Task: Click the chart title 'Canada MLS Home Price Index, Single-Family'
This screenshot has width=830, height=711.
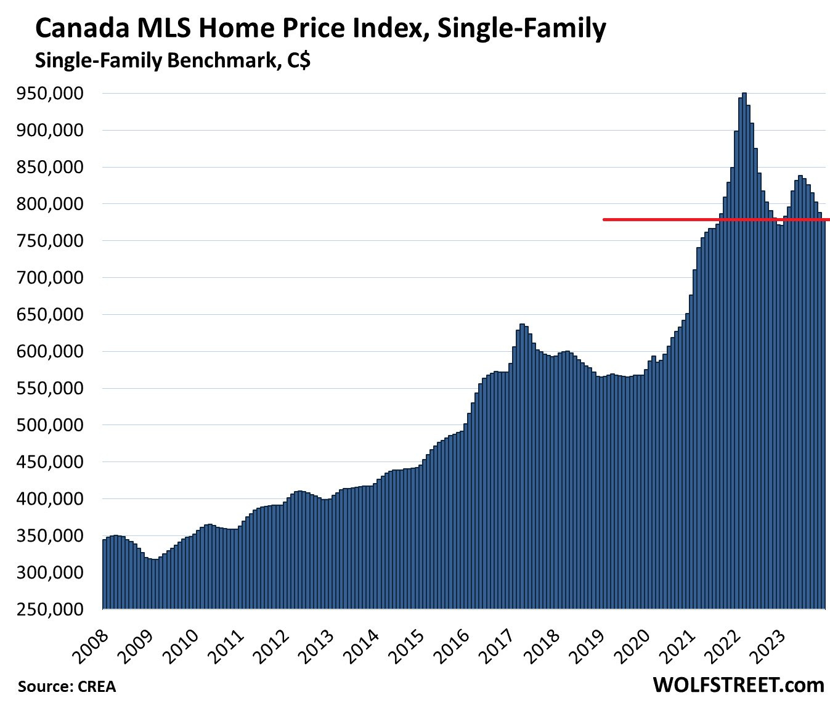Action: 320,29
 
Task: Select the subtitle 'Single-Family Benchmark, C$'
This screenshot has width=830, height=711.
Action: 173,61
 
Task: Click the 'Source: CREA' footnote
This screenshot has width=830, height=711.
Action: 67,686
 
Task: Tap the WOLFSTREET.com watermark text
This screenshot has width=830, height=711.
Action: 738,685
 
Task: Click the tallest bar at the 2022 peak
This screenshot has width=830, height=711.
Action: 744,351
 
